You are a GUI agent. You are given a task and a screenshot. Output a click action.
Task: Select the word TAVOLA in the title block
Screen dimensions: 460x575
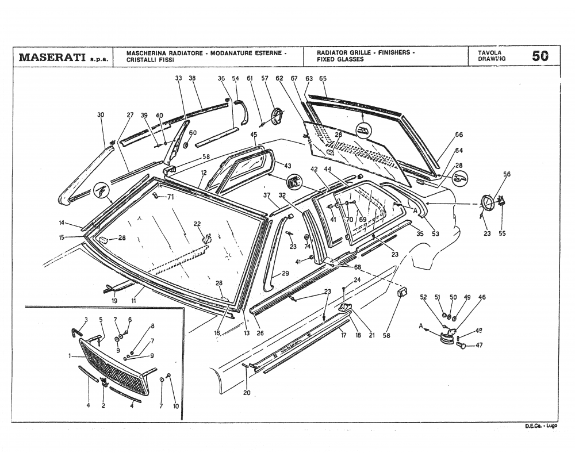[489, 52]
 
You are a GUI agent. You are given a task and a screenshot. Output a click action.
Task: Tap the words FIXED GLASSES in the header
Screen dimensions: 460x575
[336, 59]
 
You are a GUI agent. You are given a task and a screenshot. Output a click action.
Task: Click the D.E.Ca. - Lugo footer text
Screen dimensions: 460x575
[541, 426]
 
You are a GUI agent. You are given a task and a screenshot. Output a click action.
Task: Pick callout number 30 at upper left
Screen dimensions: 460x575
[101, 115]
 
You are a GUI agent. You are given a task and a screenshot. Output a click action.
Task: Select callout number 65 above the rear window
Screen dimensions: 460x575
[323, 78]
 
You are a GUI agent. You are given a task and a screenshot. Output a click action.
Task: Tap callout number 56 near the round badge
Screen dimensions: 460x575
[507, 174]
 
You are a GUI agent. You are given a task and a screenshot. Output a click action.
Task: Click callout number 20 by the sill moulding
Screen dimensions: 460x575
[247, 393]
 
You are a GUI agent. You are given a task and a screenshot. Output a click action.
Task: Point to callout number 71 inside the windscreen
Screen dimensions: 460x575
[170, 197]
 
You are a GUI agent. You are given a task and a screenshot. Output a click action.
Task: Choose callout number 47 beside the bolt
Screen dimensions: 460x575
[479, 346]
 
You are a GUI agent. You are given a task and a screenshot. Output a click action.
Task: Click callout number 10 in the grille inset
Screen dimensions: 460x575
[176, 406]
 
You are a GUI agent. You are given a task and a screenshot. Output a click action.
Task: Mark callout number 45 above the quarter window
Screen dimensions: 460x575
[254, 135]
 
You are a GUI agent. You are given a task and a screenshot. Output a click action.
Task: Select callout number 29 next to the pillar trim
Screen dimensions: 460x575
[285, 274]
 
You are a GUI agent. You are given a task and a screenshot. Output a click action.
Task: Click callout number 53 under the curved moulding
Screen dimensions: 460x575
[435, 234]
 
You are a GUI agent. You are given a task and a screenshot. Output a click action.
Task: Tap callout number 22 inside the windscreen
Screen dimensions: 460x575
[197, 224]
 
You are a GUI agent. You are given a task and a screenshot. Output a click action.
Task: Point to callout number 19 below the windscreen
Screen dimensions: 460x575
[115, 301]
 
